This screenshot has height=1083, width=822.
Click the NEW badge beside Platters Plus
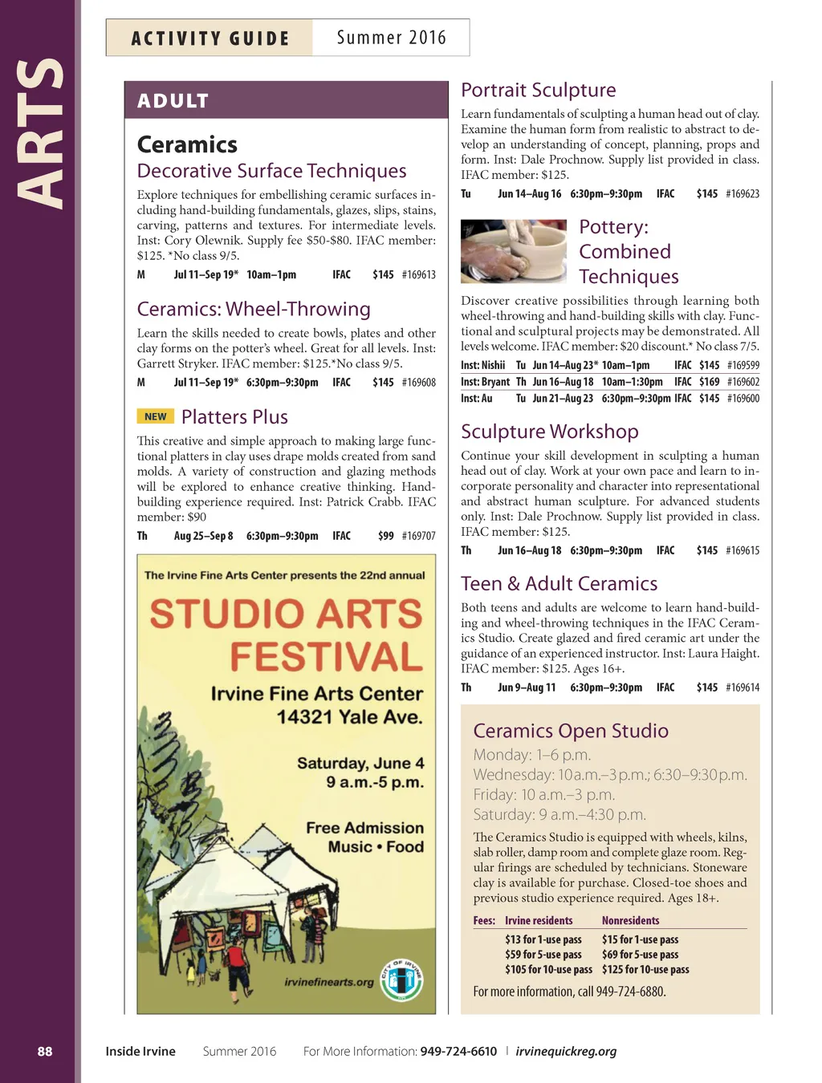[x=155, y=416]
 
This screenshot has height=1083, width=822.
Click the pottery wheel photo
[x=514, y=251]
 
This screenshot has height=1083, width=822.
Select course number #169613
[x=418, y=274]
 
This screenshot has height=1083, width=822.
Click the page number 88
[x=45, y=1051]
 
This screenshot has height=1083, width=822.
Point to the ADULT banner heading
[x=173, y=101]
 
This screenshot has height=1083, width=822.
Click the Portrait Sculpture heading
[x=538, y=90]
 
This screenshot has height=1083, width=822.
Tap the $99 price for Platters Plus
[x=385, y=536]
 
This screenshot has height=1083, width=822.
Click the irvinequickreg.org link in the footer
[x=566, y=1051]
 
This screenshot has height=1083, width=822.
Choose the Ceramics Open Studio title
[x=570, y=731]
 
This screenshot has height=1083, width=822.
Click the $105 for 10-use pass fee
[x=548, y=969]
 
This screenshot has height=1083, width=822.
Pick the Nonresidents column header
[x=630, y=921]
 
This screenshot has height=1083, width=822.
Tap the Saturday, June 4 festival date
[x=360, y=763]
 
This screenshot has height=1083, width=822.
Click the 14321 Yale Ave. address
[x=349, y=716]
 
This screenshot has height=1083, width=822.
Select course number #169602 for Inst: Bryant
[x=743, y=382]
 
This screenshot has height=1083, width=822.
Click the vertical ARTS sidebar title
[x=40, y=132]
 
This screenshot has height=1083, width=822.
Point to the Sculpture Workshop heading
[x=549, y=432]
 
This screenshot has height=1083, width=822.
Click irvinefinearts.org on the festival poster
[x=329, y=982]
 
